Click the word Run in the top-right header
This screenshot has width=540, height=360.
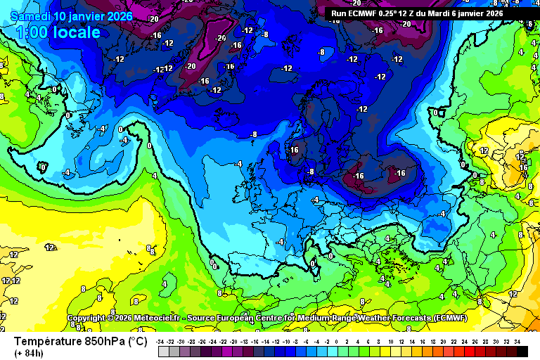point(339,13)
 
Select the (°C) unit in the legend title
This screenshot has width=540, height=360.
point(137,342)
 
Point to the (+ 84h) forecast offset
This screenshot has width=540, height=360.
point(28,353)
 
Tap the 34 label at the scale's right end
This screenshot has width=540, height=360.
point(517,341)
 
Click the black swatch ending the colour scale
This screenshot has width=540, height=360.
point(522,352)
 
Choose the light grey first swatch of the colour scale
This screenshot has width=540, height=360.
point(163,352)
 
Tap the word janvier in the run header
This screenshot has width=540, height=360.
point(475,13)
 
